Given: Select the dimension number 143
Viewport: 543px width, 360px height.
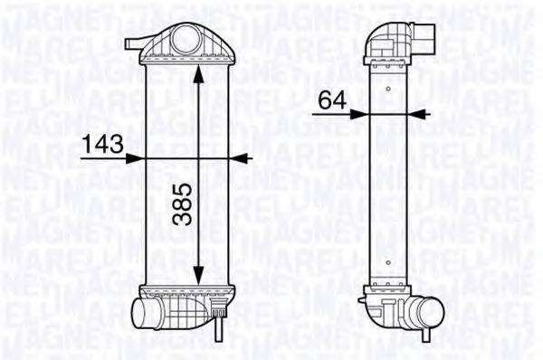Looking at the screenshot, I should [x=102, y=142].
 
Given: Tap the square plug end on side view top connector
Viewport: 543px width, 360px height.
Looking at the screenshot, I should [x=428, y=36].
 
